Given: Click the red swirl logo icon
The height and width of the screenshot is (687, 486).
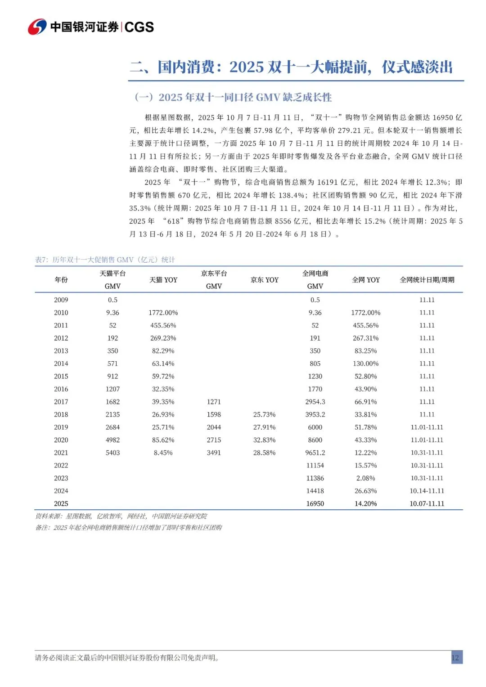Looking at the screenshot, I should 37,27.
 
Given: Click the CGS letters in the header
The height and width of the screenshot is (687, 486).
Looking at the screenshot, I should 139,27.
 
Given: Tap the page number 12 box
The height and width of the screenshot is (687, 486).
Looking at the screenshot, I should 456,657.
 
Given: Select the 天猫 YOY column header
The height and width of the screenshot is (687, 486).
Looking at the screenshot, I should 163,280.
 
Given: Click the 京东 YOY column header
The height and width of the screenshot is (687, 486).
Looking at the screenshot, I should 265,280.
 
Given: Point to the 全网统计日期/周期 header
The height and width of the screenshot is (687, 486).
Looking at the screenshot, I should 427,280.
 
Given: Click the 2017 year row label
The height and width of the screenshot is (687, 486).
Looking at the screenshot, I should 61,402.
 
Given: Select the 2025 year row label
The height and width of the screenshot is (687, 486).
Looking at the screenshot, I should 61,503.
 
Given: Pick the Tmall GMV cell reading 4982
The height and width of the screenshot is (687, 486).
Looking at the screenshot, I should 112,440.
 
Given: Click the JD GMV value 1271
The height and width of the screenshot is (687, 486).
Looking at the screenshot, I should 214,402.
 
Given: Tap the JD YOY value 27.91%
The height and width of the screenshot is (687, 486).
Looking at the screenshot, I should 265,427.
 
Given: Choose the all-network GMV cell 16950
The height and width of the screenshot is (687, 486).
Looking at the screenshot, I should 315,503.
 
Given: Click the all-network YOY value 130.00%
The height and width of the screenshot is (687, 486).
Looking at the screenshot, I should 366,364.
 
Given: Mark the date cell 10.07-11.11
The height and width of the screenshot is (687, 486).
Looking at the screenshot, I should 427,503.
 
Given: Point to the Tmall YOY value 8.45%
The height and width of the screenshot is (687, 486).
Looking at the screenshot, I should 163,453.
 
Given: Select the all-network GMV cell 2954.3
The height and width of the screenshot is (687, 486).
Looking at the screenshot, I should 315,402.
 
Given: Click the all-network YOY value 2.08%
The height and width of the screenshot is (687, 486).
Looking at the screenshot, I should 366,478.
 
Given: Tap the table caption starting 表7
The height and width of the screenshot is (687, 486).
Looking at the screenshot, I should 105,260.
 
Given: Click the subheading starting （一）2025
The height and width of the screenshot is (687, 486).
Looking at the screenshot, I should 233,97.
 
